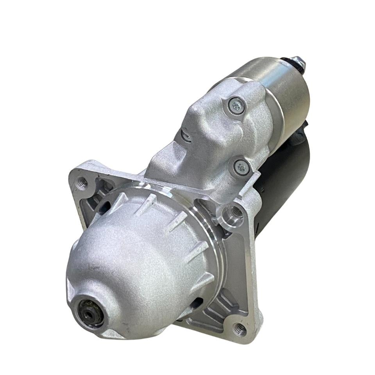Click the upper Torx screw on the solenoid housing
tap(236, 105)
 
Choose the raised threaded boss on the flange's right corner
tap(236, 212)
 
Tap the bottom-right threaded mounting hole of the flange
tap(240, 329)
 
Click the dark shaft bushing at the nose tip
tap(91, 312)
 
